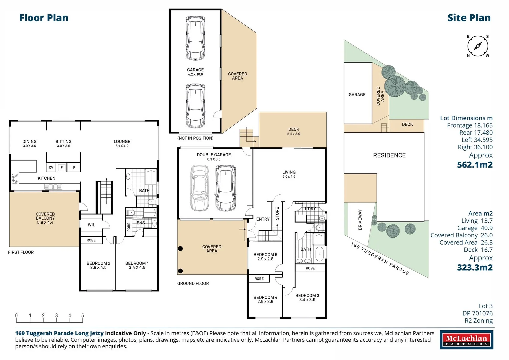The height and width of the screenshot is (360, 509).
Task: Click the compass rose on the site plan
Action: coord(478,46)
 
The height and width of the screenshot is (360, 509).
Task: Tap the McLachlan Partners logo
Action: coord(466,340)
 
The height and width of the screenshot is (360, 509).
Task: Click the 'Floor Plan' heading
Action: coord(44,18)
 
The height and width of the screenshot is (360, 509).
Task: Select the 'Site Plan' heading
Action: coord(469,18)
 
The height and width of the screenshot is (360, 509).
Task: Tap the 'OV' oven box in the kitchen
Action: coord(51,167)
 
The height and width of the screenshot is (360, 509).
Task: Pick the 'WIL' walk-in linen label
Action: coord(91,225)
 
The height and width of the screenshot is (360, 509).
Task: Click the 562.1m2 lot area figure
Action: coord(474,165)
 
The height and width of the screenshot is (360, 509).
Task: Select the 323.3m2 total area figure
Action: coord(474,267)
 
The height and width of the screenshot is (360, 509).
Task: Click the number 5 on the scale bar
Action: coord(82,315)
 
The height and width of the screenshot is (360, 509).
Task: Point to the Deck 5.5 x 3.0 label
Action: coord(294,131)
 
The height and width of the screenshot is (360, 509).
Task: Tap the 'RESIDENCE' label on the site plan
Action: coord(389,155)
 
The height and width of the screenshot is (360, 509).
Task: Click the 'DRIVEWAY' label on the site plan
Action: coord(360,220)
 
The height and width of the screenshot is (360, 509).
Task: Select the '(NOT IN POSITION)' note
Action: coord(195,138)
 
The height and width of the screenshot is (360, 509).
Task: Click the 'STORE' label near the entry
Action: coord(277,213)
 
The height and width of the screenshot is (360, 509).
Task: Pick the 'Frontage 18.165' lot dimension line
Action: coord(469,125)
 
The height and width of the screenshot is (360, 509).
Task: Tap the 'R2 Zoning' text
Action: coord(478,320)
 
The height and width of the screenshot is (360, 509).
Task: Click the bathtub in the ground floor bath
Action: coord(319,254)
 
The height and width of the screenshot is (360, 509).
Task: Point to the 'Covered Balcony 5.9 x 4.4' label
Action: coord(45,218)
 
